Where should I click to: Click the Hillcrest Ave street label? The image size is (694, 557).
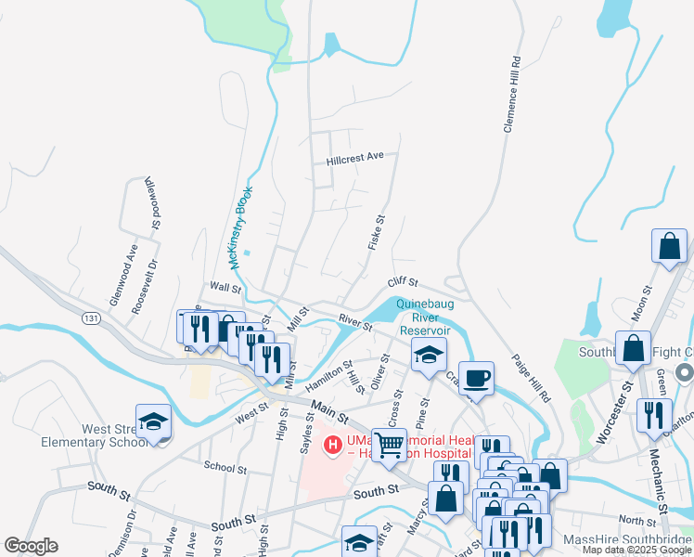[354, 159]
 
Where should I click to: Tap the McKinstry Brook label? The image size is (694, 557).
[240, 227]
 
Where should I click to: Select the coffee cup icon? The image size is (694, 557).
[476, 377]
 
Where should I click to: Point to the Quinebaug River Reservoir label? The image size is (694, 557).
[424, 317]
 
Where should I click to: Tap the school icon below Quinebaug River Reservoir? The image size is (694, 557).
[430, 354]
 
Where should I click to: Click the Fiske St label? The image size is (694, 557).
[376, 233]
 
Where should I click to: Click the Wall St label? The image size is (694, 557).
[225, 289]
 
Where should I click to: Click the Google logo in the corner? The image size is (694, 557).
[31, 546]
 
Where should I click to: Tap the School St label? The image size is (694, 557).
[225, 469]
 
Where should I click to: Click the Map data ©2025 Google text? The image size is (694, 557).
[636, 550]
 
